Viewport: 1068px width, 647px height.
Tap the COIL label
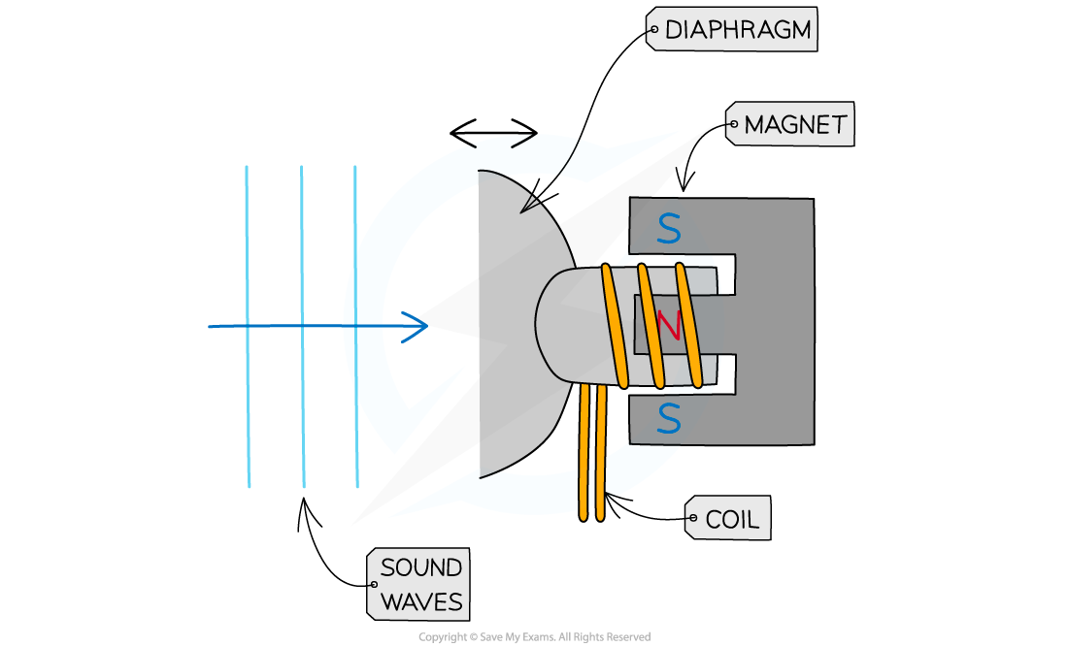click(731, 519)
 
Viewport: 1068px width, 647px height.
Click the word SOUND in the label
click(420, 568)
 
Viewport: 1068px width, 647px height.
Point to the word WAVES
click(420, 601)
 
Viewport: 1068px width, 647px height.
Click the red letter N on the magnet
click(669, 326)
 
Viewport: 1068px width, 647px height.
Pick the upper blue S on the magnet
click(668, 229)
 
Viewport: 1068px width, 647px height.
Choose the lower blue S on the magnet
click(668, 418)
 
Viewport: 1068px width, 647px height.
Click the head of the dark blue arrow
click(418, 327)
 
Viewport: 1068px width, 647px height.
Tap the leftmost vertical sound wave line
click(248, 327)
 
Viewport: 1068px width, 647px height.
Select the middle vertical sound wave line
click(303, 327)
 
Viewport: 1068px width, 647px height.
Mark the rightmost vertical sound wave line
click(356, 327)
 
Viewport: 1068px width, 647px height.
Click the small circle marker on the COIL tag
click(692, 520)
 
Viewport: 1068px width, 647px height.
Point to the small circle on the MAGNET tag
click(733, 125)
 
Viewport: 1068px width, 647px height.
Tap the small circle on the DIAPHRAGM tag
click(652, 30)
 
